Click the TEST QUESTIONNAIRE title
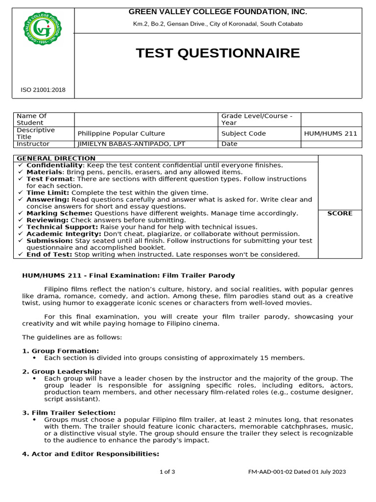217,53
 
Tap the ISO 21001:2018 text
43,90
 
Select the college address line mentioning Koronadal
217,24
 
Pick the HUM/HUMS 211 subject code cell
331,133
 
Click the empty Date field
331,144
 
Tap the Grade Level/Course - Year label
257,119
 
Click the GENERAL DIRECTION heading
56,158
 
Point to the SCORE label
340,213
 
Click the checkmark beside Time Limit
20,193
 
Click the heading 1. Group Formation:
61,351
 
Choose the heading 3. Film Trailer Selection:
69,413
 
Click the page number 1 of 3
167,472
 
